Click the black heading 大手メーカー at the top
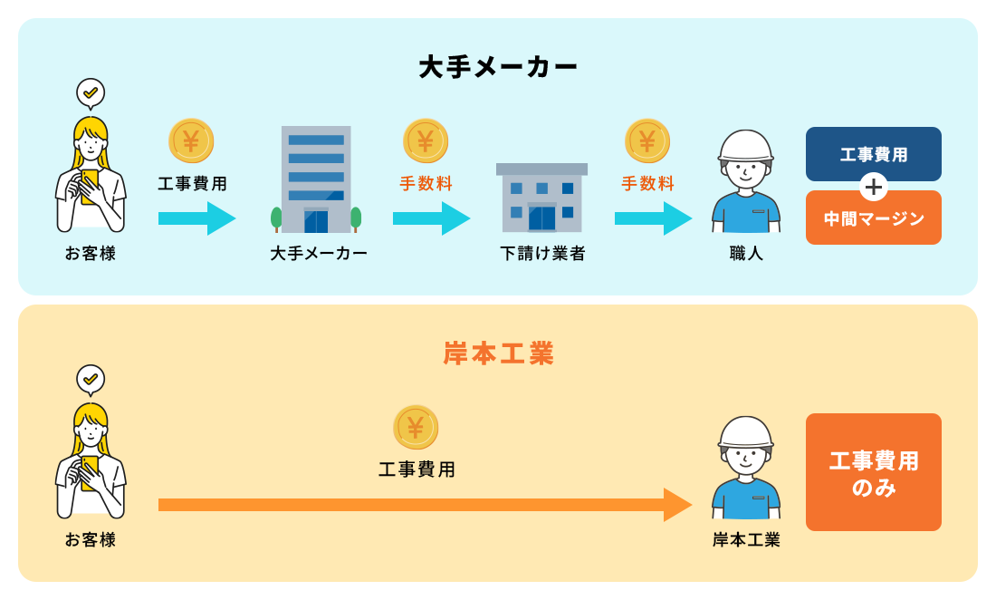498,68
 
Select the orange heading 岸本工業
498,353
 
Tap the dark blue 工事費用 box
873,153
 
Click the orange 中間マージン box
873,219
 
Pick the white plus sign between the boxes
873,187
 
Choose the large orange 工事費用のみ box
873,472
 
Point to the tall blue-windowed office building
316,179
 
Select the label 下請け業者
542,254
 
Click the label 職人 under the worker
746,254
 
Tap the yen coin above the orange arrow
416,427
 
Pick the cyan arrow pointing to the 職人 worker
653,218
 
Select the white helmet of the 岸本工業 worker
745,431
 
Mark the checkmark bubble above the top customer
91,92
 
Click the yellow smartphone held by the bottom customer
89,471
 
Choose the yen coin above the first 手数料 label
426,140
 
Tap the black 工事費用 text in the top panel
192,184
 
